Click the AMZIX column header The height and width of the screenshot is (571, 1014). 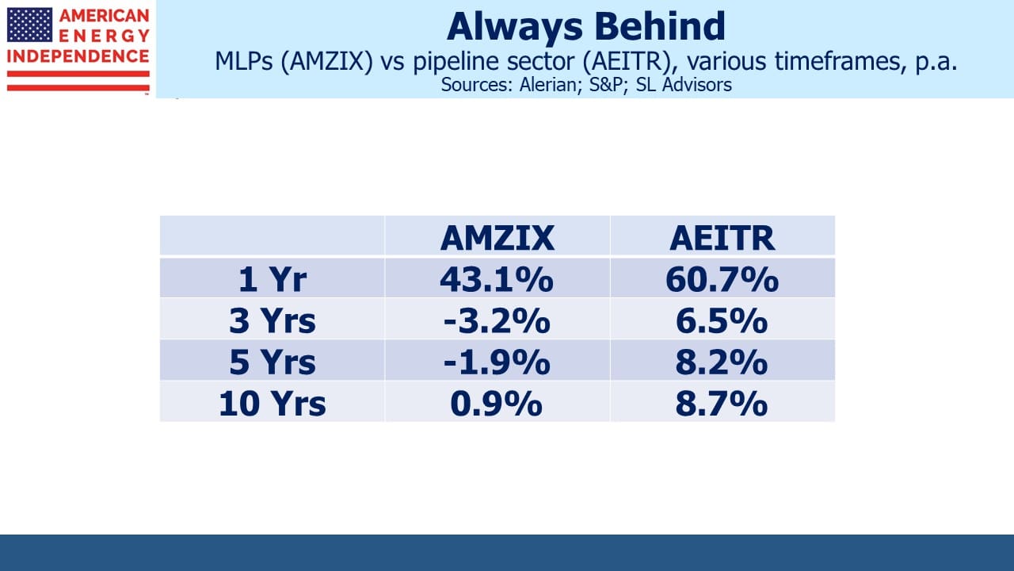click(x=497, y=238)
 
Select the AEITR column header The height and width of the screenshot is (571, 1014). click(x=722, y=238)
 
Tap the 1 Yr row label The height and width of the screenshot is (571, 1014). click(x=273, y=279)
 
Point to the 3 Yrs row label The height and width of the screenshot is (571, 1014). click(x=273, y=321)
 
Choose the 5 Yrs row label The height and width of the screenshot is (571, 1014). click(x=273, y=362)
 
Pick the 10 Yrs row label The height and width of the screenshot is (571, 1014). click(x=273, y=404)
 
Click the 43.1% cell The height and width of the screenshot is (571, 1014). click(x=497, y=279)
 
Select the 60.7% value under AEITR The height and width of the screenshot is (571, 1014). click(x=722, y=279)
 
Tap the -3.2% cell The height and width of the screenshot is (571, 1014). click(x=497, y=321)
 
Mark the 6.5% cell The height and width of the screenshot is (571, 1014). click(x=722, y=321)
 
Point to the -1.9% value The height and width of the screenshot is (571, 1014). click(x=497, y=362)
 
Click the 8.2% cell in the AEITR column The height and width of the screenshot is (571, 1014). click(x=722, y=362)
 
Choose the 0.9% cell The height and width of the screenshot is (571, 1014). click(x=497, y=404)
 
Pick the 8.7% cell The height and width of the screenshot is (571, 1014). click(x=722, y=404)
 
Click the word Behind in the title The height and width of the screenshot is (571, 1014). click(x=660, y=26)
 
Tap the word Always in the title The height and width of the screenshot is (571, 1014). click(x=515, y=28)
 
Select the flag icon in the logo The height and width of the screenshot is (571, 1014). click(x=29, y=25)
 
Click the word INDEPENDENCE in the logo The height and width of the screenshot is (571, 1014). click(x=78, y=56)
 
